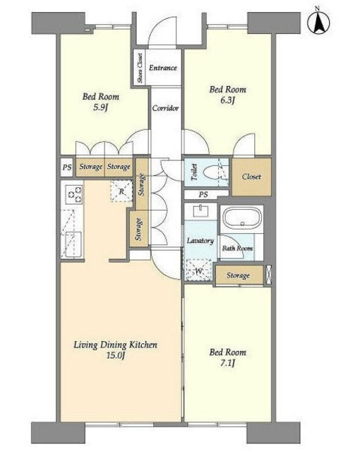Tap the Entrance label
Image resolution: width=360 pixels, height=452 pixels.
pyautogui.click(x=163, y=68)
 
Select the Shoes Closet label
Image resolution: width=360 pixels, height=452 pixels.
pyautogui.click(x=140, y=68)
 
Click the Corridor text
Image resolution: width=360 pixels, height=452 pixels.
pyautogui.click(x=165, y=108)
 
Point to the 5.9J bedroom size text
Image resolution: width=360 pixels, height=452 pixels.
pyautogui.click(x=100, y=108)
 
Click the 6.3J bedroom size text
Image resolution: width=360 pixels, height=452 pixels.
pyautogui.click(x=227, y=101)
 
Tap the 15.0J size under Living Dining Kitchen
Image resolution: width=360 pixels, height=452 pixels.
pyautogui.click(x=115, y=356)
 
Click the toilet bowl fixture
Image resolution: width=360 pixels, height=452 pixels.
pyautogui.click(x=210, y=174)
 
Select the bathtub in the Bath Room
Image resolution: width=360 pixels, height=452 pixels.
pyautogui.click(x=241, y=219)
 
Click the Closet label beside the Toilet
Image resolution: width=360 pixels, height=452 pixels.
pyautogui.click(x=251, y=177)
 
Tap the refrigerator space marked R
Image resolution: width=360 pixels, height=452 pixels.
pyautogui.click(x=121, y=191)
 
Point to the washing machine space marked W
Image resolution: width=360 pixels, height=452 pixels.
pyautogui.click(x=199, y=270)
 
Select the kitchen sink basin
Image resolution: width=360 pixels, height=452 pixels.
pyautogui.click(x=73, y=244)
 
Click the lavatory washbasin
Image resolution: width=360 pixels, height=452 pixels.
pyautogui.click(x=200, y=210)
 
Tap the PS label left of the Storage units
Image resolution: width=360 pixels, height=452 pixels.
pyautogui.click(x=67, y=167)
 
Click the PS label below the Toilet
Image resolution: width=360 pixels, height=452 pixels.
pyautogui.click(x=203, y=195)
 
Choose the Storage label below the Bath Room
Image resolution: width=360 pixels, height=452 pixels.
pyautogui.click(x=238, y=275)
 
